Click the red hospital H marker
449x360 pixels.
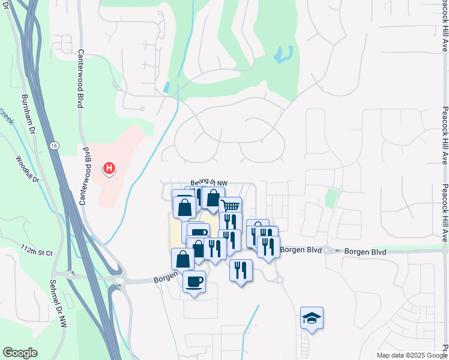coord(109,169)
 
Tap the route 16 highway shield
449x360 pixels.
coord(55,146)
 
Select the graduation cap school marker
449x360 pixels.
coord(312,317)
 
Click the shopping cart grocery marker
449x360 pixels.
coord(231,207)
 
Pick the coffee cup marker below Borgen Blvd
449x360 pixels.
coord(194,281)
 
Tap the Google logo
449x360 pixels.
coord(20,353)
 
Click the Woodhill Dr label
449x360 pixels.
coord(27,170)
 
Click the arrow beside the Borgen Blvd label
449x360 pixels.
coord(339,251)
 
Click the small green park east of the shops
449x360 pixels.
coord(331,198)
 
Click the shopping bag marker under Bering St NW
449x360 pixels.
coord(213,198)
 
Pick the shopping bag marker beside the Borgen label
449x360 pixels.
coord(182,259)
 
